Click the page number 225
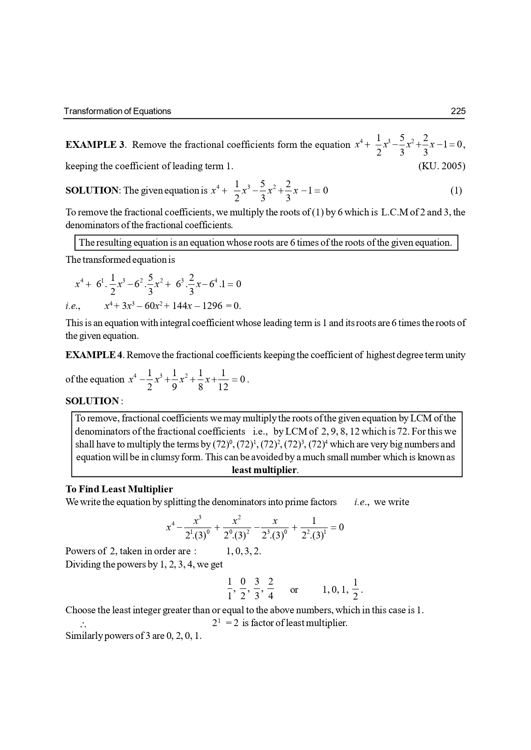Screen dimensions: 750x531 pos(458,111)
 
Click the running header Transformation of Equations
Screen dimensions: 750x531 pos(117,111)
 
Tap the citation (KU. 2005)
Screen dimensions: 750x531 pos(442,166)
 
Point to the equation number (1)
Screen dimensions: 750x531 pos(456,191)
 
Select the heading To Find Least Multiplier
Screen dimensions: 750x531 pos(119,489)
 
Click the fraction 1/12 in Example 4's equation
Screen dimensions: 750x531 pos(223,379)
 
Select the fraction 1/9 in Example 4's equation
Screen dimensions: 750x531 pos(175,379)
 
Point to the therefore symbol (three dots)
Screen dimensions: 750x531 pos(83,624)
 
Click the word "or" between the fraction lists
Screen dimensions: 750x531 pos(294,590)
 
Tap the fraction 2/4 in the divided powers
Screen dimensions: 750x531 pos(270,589)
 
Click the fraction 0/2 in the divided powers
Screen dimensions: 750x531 pos(243,589)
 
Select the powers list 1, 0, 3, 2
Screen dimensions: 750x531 pos(243,551)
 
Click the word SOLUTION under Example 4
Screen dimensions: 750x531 pos(92,401)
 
